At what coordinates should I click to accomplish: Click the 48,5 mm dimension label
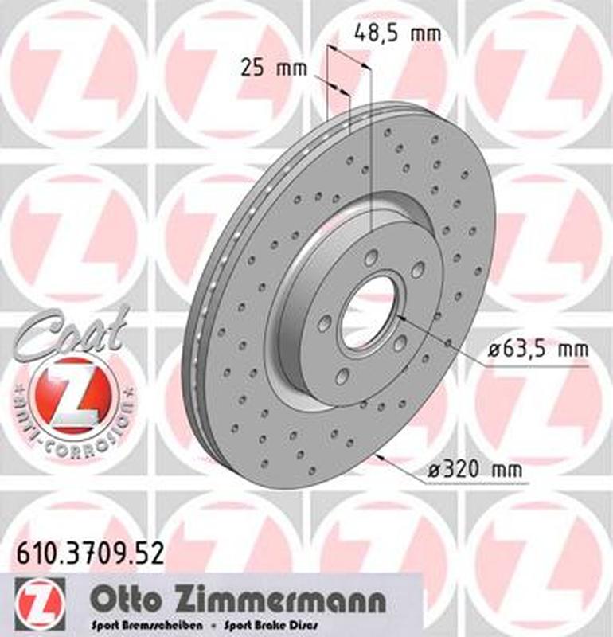point(396,34)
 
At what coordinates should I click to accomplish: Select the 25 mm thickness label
point(273,68)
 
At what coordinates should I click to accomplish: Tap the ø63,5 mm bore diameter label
point(537,350)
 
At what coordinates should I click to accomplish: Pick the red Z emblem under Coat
point(76,393)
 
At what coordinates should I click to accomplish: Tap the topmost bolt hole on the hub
point(372,257)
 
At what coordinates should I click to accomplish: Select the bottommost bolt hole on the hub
point(342,377)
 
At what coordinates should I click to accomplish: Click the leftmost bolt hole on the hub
point(325,323)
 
